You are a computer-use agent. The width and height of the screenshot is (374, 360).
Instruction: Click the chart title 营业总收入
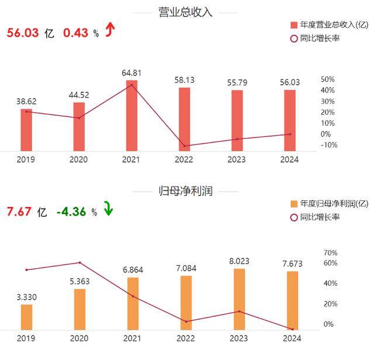[x=186, y=12]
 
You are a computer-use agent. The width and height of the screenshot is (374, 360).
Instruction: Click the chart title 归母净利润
[x=186, y=191]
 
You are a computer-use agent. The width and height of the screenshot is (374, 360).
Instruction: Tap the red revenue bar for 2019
[x=26, y=130]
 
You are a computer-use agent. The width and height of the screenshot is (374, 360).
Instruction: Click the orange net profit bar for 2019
[x=26, y=317]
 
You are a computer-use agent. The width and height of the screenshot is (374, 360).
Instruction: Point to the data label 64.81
[x=132, y=73]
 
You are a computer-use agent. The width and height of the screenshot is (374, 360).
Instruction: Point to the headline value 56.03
[x=23, y=33]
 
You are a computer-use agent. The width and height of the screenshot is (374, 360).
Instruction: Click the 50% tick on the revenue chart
[x=328, y=79]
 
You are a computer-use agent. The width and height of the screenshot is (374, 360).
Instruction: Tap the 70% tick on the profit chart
[x=330, y=252]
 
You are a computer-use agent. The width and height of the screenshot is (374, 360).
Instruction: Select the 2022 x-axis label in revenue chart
[x=185, y=160]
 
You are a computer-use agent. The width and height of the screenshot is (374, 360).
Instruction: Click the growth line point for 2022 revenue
[x=185, y=146]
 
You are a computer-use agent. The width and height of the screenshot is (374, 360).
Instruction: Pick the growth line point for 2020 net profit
[x=79, y=262]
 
